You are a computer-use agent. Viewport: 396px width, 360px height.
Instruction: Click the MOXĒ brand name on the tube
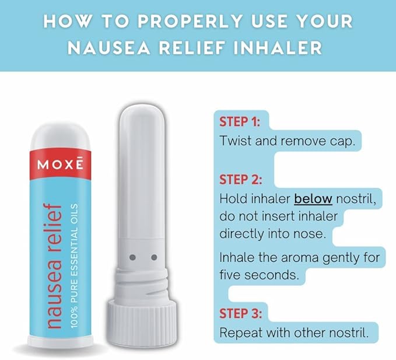tap(60, 165)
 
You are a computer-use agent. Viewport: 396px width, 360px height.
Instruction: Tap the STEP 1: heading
tap(240, 122)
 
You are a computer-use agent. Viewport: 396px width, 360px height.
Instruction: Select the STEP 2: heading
tap(240, 179)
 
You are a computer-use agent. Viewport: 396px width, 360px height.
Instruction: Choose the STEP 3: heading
tap(240, 313)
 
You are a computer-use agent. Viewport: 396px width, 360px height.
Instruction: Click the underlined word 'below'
tap(313, 199)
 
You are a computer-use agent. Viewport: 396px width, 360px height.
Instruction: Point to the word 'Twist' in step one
tap(234, 141)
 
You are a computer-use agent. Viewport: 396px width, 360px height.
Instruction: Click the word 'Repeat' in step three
tap(239, 333)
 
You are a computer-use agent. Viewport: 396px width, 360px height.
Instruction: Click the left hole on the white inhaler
tap(132, 257)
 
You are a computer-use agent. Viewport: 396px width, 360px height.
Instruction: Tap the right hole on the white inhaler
tap(154, 257)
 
